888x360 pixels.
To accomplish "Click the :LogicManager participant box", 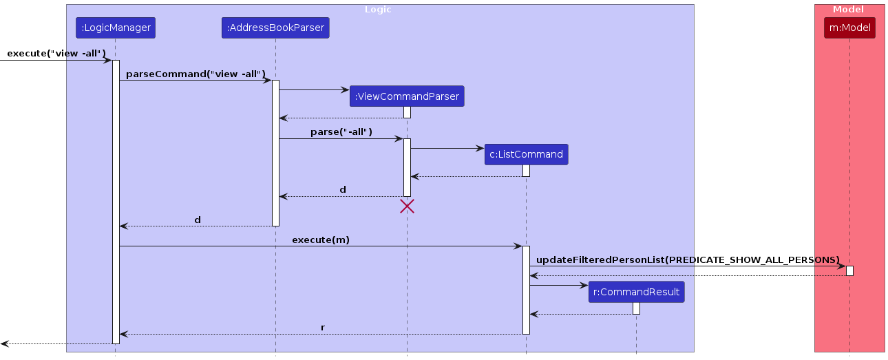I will [x=115, y=28].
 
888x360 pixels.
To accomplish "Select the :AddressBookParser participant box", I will [x=275, y=28].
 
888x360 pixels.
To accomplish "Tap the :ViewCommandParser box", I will [x=407, y=96].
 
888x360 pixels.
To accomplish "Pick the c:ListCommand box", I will [x=527, y=154].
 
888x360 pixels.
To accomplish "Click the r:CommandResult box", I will [x=636, y=292].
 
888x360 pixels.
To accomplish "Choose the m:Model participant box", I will [x=849, y=28].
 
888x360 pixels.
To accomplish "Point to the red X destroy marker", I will [x=407, y=207].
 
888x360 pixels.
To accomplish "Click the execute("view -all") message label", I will [x=56, y=53].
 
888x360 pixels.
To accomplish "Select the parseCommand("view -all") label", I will [x=195, y=73].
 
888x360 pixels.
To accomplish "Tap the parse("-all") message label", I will [x=341, y=131].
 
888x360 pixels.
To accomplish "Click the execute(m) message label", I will [x=321, y=240].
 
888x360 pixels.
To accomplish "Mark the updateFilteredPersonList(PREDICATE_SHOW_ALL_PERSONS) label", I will [x=688, y=260].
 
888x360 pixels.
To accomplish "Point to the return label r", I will [x=322, y=327].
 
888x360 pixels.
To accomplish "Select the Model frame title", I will [x=849, y=10].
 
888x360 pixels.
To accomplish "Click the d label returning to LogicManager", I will [x=198, y=220].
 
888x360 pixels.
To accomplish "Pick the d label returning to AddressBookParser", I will [x=343, y=189].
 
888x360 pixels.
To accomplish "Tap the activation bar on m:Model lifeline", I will [x=849, y=271].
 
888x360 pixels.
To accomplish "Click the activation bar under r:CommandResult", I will [x=636, y=308].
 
